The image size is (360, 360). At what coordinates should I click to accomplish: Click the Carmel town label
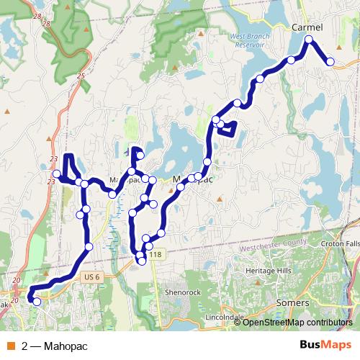click(307, 27)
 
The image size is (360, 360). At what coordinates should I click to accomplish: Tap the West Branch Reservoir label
click(253, 39)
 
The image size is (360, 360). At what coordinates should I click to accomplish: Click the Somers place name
click(293, 303)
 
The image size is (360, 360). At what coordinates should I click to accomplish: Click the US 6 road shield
click(90, 276)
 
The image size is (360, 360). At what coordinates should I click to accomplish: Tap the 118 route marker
click(156, 256)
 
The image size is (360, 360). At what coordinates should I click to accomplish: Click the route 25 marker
click(81, 76)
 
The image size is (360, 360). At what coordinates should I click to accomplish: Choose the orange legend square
click(11, 346)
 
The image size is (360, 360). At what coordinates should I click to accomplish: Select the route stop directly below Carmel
click(309, 40)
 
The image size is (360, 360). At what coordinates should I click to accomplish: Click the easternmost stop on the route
click(330, 62)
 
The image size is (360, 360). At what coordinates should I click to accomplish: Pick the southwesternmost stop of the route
click(36, 302)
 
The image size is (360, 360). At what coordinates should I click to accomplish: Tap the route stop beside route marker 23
click(57, 174)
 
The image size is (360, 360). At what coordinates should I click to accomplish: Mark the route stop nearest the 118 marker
click(142, 261)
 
